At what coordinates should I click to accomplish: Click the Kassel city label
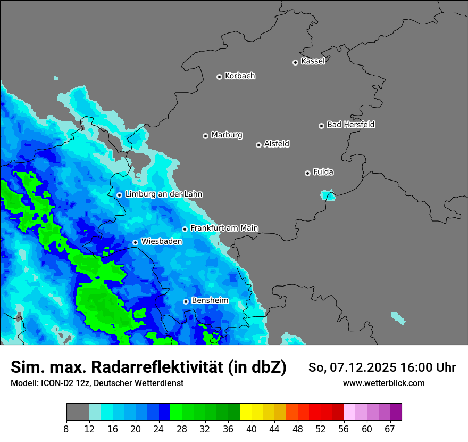pyautogui.click(x=313, y=61)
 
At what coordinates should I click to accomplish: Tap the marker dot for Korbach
pyautogui.click(x=219, y=77)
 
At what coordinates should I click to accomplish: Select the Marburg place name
pyautogui.click(x=227, y=135)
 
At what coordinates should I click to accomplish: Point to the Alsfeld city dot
pyautogui.click(x=258, y=145)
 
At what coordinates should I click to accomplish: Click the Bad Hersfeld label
pyautogui.click(x=350, y=125)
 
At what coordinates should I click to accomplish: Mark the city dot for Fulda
pyautogui.click(x=307, y=173)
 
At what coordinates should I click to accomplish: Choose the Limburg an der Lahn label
pyautogui.click(x=163, y=194)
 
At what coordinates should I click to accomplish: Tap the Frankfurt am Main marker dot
pyautogui.click(x=185, y=229)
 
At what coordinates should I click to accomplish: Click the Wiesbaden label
pyautogui.click(x=161, y=241)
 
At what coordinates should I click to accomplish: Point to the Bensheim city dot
pyautogui.click(x=186, y=301)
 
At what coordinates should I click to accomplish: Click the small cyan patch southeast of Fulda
pyautogui.click(x=328, y=195)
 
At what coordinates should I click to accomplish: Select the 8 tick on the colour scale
pyautogui.click(x=66, y=429)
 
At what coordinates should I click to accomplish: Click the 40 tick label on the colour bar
pyautogui.click(x=252, y=429)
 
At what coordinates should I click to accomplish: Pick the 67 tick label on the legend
pyautogui.click(x=390, y=429)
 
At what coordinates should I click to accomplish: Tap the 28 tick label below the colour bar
pyautogui.click(x=182, y=429)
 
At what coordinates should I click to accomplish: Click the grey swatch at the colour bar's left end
pyautogui.click(x=78, y=412)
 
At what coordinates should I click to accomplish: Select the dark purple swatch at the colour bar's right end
pyautogui.click(x=396, y=412)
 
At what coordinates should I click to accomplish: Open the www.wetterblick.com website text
pyautogui.click(x=383, y=383)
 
